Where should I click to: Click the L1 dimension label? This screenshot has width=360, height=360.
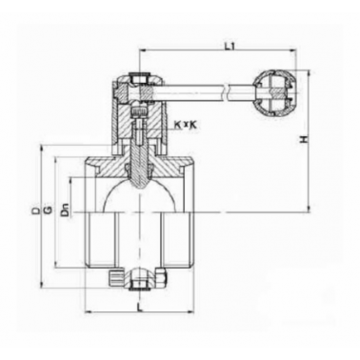pos(230,47)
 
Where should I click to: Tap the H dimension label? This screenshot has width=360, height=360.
pos(305,139)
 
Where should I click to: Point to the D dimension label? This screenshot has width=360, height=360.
pos(36,210)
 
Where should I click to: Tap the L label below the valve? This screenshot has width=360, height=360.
pos(138,307)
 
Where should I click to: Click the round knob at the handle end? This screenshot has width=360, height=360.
pos(275,92)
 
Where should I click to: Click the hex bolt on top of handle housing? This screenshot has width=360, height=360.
pos(139,79)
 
